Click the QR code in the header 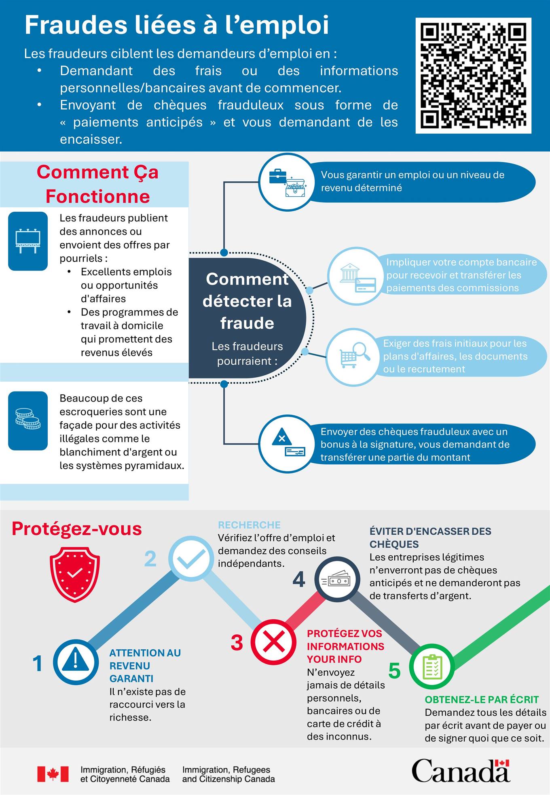[x=473, y=76]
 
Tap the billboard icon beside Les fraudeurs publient [x=28, y=241]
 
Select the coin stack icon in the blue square [x=28, y=421]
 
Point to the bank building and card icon [x=355, y=276]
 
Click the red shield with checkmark [x=75, y=574]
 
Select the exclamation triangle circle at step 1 [x=76, y=662]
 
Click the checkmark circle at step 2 [x=191, y=559]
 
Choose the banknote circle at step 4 [x=337, y=580]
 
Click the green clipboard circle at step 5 [x=432, y=667]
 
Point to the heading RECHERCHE [x=249, y=525]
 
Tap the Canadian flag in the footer [x=53, y=774]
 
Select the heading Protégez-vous [x=77, y=529]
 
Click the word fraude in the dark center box [x=247, y=323]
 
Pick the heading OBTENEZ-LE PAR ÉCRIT [x=482, y=699]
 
